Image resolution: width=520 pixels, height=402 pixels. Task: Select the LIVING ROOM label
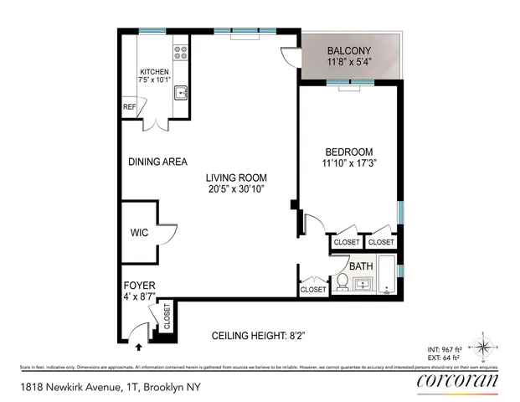[x=237, y=178]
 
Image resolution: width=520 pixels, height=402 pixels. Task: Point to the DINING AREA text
[x=157, y=162]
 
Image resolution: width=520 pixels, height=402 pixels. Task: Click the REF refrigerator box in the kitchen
[x=129, y=107]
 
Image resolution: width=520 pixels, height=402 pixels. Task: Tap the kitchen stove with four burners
[x=179, y=54]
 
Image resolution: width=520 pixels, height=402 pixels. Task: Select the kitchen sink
[x=179, y=94]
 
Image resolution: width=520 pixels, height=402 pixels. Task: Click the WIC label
[x=139, y=232]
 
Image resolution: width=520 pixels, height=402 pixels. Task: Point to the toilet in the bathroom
[x=342, y=283]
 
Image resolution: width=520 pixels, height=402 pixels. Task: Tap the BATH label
[x=361, y=266]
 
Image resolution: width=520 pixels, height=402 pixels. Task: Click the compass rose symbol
[x=483, y=343]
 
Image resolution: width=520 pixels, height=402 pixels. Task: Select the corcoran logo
[x=457, y=382]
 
